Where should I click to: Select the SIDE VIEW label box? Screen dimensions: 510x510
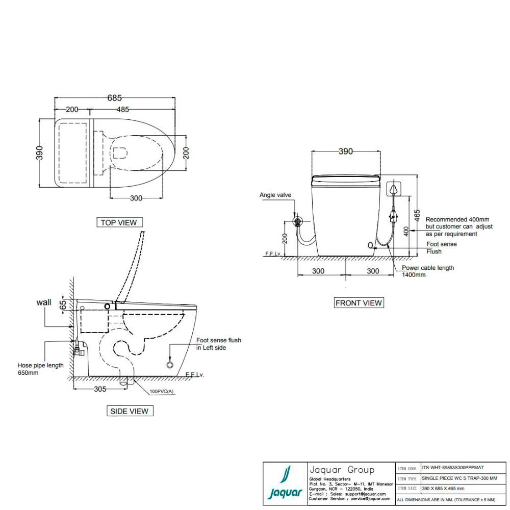tap(129, 411)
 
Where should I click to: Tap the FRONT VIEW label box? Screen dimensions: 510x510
tap(359, 303)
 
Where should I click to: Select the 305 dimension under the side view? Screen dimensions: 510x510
tap(100, 389)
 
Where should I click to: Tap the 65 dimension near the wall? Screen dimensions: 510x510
tap(63, 304)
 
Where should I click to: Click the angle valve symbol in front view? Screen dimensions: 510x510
tap(297, 221)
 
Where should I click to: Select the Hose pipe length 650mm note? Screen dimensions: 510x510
tap(40, 369)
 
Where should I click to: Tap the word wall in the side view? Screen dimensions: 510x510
tap(44, 302)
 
